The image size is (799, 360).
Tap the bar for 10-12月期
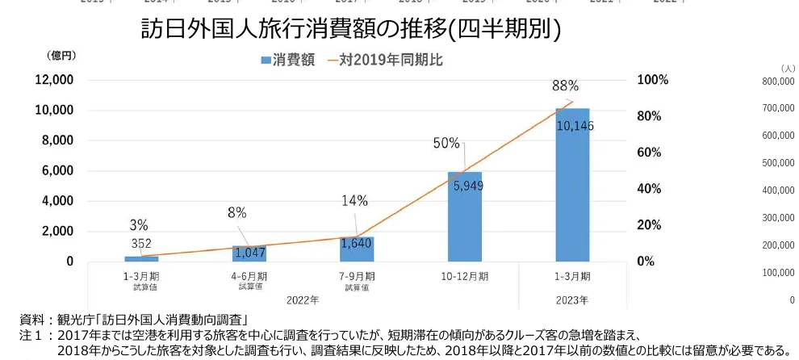(464, 216)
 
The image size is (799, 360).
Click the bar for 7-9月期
(357, 249)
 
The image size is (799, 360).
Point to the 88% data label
(565, 86)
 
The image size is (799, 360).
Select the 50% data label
(446, 143)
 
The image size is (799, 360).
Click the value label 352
(141, 244)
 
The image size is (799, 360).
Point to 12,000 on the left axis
(52, 80)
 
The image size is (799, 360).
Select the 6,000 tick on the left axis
(56, 171)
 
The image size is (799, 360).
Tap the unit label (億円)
(61, 55)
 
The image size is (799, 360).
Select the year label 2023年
(572, 299)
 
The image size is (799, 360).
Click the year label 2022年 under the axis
(303, 299)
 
